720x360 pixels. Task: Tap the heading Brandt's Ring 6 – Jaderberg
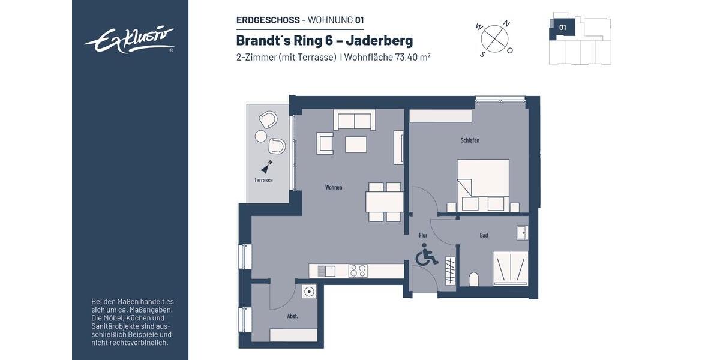click(x=325, y=41)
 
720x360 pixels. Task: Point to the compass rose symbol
click(x=495, y=38)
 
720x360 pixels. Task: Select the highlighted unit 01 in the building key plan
click(x=563, y=27)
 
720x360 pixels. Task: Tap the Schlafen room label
click(x=470, y=140)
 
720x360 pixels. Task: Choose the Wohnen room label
click(x=334, y=187)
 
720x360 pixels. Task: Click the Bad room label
click(x=484, y=235)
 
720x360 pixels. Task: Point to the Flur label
click(x=423, y=235)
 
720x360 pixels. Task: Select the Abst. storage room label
click(x=293, y=316)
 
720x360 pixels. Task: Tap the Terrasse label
click(x=263, y=179)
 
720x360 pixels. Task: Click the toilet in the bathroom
click(x=473, y=280)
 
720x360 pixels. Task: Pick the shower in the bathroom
click(x=511, y=268)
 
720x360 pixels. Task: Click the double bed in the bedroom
click(x=483, y=185)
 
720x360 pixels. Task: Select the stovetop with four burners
click(x=358, y=271)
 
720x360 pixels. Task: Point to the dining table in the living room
click(x=384, y=202)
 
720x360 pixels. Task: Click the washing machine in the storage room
click(x=309, y=292)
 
